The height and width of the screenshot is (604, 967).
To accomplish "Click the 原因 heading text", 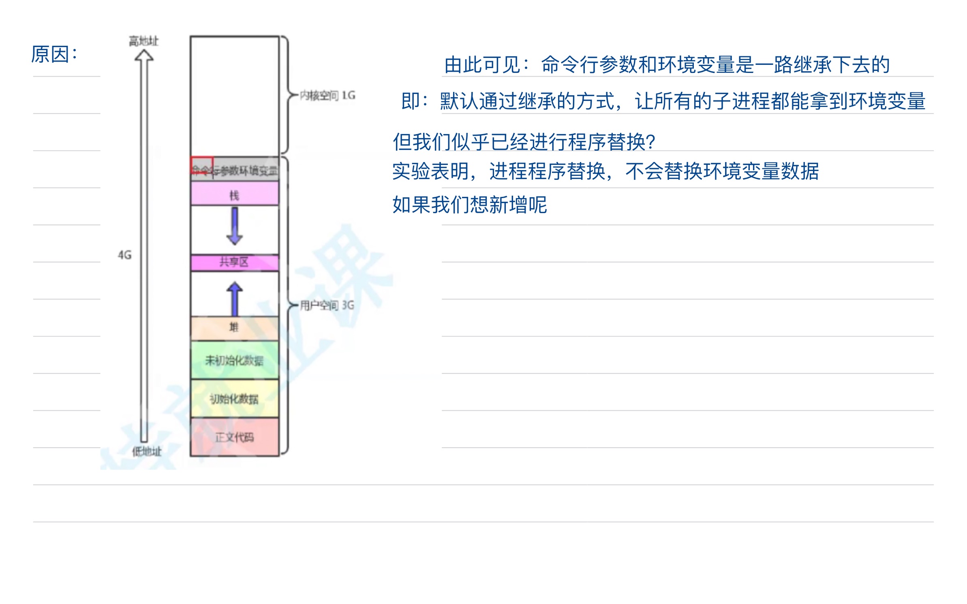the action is pyautogui.click(x=54, y=54).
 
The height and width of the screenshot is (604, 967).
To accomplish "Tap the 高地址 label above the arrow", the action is pyautogui.click(x=143, y=41).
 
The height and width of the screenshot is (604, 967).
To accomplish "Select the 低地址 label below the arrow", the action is pyautogui.click(x=146, y=451).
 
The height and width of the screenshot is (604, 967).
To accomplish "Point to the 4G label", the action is pyautogui.click(x=125, y=255).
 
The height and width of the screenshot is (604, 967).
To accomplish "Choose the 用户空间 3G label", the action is pyautogui.click(x=327, y=305).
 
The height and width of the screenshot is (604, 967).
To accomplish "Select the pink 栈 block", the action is pyautogui.click(x=235, y=194).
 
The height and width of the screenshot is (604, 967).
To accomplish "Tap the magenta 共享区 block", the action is pyautogui.click(x=235, y=263).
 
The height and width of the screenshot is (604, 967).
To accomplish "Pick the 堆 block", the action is pyautogui.click(x=235, y=328).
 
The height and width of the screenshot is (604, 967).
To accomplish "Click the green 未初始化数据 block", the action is pyautogui.click(x=235, y=360).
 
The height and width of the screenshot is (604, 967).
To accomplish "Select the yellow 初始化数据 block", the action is pyautogui.click(x=235, y=399).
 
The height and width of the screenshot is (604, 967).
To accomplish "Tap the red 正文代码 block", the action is pyautogui.click(x=235, y=437).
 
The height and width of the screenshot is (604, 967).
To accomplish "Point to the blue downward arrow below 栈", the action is pyautogui.click(x=235, y=226).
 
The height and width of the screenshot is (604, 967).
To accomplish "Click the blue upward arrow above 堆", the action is pyautogui.click(x=235, y=299).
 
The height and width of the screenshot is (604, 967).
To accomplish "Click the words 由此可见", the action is pyautogui.click(x=482, y=65).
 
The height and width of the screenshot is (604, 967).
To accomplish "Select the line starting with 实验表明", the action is pyautogui.click(x=605, y=171).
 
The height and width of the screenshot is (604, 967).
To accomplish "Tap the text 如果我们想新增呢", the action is pyautogui.click(x=469, y=205).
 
